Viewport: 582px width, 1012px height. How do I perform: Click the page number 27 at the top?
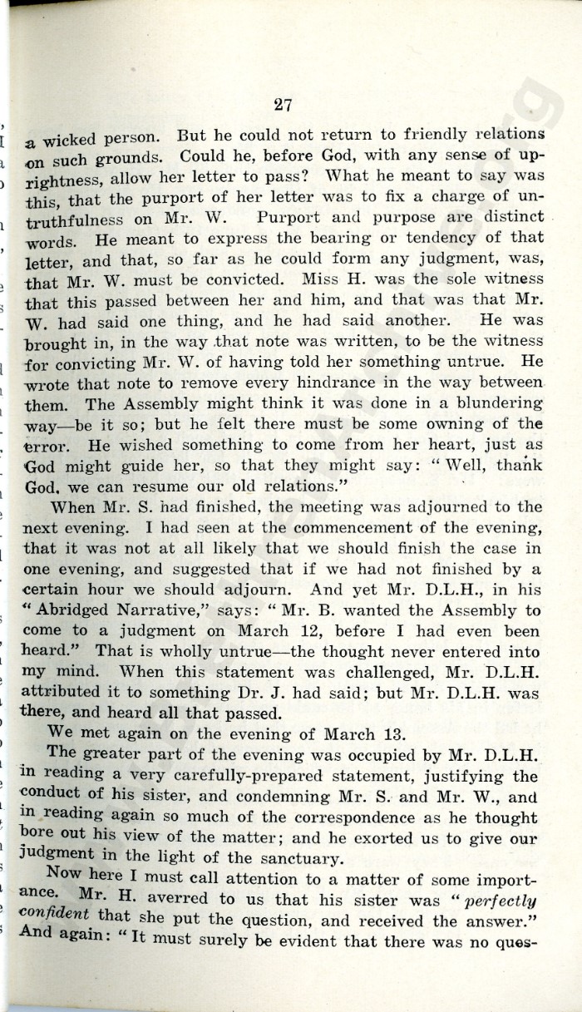[x=283, y=105]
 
